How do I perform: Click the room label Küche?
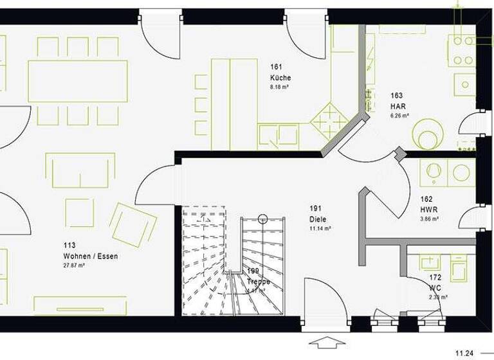[280, 78]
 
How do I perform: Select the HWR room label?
[429, 209]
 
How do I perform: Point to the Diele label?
[318, 219]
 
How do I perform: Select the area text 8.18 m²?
[281, 87]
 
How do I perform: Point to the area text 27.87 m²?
[73, 265]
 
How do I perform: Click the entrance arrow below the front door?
[327, 341]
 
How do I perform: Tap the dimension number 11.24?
[466, 352]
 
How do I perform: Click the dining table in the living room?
[78, 81]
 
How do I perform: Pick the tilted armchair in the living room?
[133, 224]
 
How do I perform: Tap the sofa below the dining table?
[80, 170]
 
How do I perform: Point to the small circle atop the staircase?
[263, 219]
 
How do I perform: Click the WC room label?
[435, 288]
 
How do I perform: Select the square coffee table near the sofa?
[79, 212]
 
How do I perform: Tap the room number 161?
[276, 66]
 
